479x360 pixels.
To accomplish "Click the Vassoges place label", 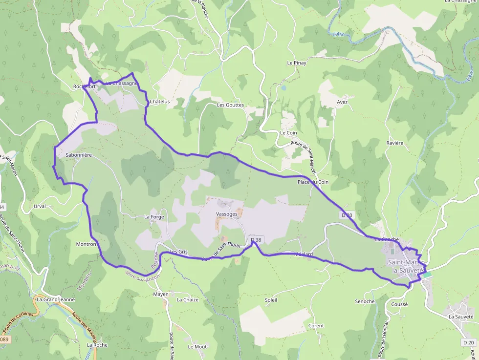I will tap(226, 214).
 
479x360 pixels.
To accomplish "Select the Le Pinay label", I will tap(296, 63).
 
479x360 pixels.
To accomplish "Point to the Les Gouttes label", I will tap(230, 105).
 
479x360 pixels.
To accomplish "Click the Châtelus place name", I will tap(160, 102).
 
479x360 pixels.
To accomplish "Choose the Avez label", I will tap(342, 102).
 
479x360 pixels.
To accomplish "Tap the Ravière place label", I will tap(394, 143).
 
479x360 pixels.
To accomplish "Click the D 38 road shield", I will tap(256, 240).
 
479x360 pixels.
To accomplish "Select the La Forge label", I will tap(154, 216).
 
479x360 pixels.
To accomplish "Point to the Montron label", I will tap(86, 244).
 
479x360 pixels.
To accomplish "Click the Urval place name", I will tap(40, 206).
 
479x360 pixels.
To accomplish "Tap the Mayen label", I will tap(161, 294).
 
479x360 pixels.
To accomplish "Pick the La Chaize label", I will tap(188, 299).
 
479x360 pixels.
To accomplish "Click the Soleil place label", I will tap(271, 300).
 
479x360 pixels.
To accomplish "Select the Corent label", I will tap(316, 326).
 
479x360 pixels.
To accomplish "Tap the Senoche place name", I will tap(365, 301).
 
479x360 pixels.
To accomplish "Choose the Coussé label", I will tap(399, 304).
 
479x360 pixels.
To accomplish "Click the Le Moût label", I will tap(197, 347).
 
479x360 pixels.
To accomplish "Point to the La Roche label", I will tap(97, 345).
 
